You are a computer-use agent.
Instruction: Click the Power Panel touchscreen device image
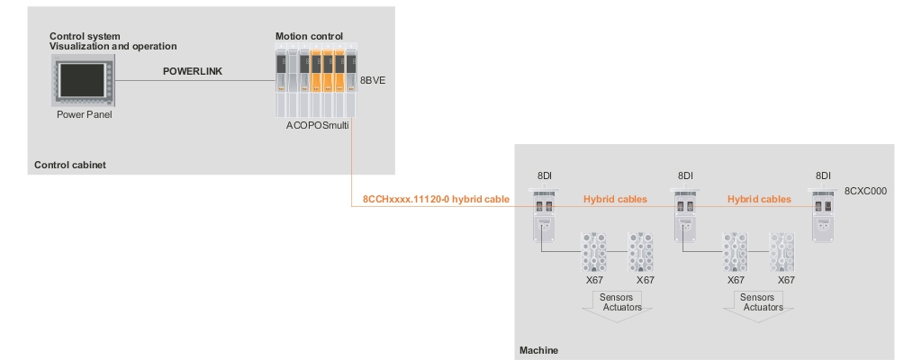(x=82, y=80)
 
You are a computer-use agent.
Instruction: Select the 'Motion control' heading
(x=309, y=36)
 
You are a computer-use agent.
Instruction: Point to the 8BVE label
(x=373, y=80)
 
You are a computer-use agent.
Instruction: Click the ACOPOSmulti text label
(x=317, y=128)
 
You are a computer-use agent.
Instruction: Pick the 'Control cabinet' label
(x=69, y=165)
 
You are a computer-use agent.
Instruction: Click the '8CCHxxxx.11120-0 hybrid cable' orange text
(x=423, y=199)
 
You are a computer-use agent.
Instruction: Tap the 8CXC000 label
(x=864, y=191)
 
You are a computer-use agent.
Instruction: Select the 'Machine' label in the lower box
(x=539, y=348)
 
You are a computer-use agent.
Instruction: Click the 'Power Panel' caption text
(x=82, y=114)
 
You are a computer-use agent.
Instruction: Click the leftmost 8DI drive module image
(x=543, y=216)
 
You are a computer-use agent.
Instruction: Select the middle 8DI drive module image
(x=685, y=216)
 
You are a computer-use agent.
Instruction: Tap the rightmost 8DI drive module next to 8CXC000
(x=822, y=216)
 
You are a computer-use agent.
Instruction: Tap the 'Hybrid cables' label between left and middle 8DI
(x=615, y=199)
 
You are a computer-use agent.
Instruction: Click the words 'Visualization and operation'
(x=113, y=46)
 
